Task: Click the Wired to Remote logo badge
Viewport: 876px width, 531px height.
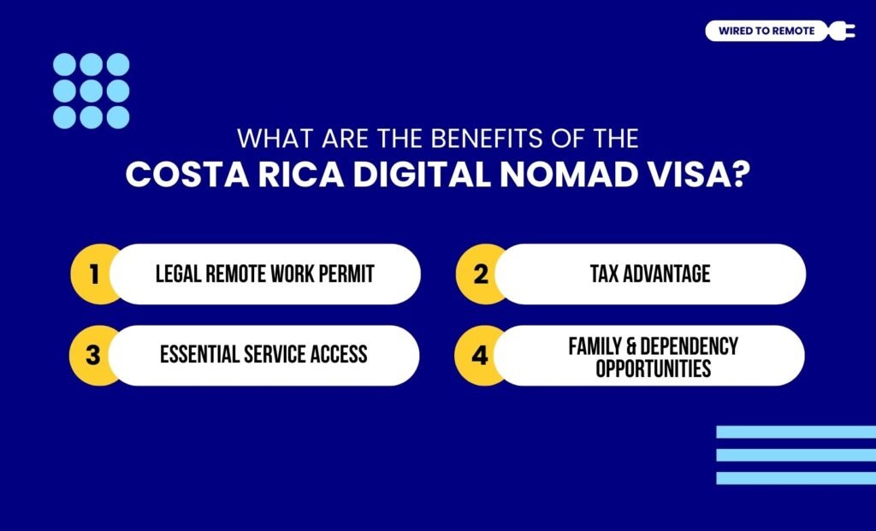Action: point(766,32)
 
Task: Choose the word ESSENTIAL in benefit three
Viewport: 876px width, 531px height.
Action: point(203,355)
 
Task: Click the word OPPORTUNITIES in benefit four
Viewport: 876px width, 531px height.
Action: point(653,369)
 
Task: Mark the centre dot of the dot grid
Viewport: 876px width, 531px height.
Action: point(92,91)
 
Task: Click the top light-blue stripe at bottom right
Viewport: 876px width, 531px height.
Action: point(796,432)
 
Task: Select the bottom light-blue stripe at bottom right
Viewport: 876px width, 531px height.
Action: point(796,478)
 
